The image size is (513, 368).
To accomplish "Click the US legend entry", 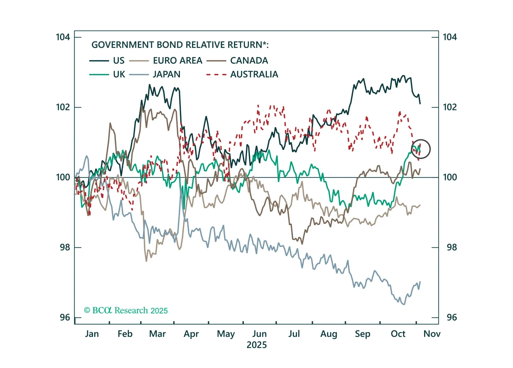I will [119, 60].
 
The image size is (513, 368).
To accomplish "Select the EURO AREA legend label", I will [177, 60].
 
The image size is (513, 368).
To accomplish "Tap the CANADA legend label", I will [249, 60].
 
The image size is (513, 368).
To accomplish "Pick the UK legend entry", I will [119, 74].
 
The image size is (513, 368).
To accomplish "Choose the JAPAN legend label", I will [166, 74].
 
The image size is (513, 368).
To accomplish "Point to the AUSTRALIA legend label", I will [254, 74].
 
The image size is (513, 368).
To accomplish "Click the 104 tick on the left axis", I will [63, 37].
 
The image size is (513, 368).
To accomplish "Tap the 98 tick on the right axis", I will [451, 247].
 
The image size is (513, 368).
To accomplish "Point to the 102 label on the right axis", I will [450, 107].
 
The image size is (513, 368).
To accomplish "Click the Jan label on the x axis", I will [92, 334].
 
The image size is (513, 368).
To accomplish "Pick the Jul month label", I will [294, 334].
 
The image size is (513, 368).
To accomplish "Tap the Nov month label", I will [432, 334].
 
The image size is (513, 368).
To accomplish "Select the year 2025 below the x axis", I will [257, 345].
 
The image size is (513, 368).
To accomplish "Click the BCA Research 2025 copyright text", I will [126, 310].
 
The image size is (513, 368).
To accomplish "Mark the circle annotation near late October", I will [420, 149].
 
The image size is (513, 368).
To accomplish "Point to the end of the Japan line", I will [420, 282].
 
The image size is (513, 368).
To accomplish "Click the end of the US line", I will [420, 104].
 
